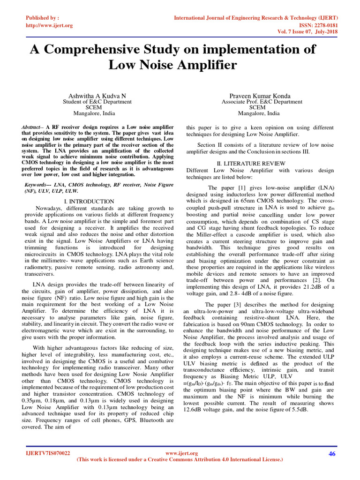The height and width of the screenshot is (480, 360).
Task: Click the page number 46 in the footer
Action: [333, 453]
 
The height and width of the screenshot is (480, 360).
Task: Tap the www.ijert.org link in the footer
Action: [182, 453]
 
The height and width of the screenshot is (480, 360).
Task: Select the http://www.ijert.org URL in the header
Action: [48, 25]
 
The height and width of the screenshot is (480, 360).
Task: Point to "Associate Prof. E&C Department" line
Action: [262, 102]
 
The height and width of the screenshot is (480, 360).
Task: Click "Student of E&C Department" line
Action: [97, 102]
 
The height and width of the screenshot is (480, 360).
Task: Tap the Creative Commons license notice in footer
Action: [180, 460]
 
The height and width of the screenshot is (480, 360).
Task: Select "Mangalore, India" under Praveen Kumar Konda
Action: [258, 113]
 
